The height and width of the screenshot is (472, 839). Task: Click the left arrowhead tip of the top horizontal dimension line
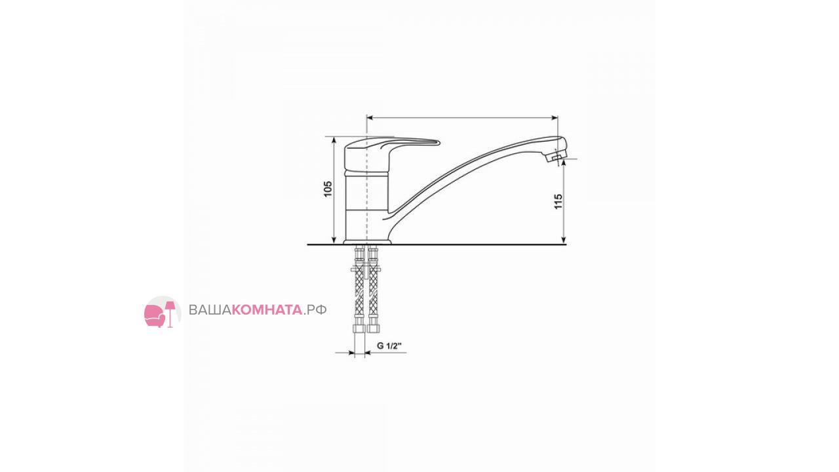(367, 118)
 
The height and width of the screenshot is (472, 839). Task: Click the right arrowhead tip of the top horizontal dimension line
(558, 118)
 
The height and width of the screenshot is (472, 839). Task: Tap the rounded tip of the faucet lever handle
(439, 142)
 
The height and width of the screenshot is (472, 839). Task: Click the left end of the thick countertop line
(307, 245)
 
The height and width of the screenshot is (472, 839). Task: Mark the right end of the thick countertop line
(566, 245)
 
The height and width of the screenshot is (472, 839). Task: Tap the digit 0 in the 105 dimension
(328, 189)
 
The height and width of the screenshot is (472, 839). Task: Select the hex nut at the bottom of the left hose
(360, 328)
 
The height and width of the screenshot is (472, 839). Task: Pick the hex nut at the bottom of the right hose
(373, 328)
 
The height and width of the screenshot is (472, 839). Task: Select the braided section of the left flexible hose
(360, 294)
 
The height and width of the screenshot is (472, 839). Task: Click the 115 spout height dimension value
(558, 201)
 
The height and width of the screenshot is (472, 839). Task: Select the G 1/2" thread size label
(389, 345)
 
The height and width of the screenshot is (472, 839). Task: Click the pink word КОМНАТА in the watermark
(267, 310)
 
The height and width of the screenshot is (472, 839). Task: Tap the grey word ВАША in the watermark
(210, 310)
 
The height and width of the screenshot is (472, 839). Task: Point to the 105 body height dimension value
(328, 189)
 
